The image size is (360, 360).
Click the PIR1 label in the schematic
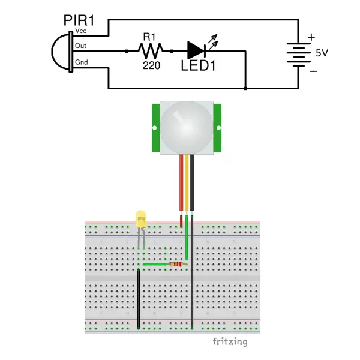[79, 20]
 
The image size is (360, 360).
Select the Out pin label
[79, 45]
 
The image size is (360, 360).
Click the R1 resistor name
[149, 37]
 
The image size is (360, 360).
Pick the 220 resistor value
[151, 65]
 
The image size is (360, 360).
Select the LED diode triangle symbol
[196, 51]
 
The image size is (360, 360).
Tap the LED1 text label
[198, 66]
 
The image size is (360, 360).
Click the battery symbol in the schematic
[298, 52]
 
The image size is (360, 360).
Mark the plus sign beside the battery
[311, 37]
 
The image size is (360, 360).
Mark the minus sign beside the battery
[312, 70]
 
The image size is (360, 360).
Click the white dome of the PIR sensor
[187, 126]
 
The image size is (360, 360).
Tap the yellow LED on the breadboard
[141, 219]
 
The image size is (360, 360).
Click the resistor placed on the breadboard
[176, 264]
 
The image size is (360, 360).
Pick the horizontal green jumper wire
[154, 264]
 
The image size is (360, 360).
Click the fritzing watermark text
[230, 342]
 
